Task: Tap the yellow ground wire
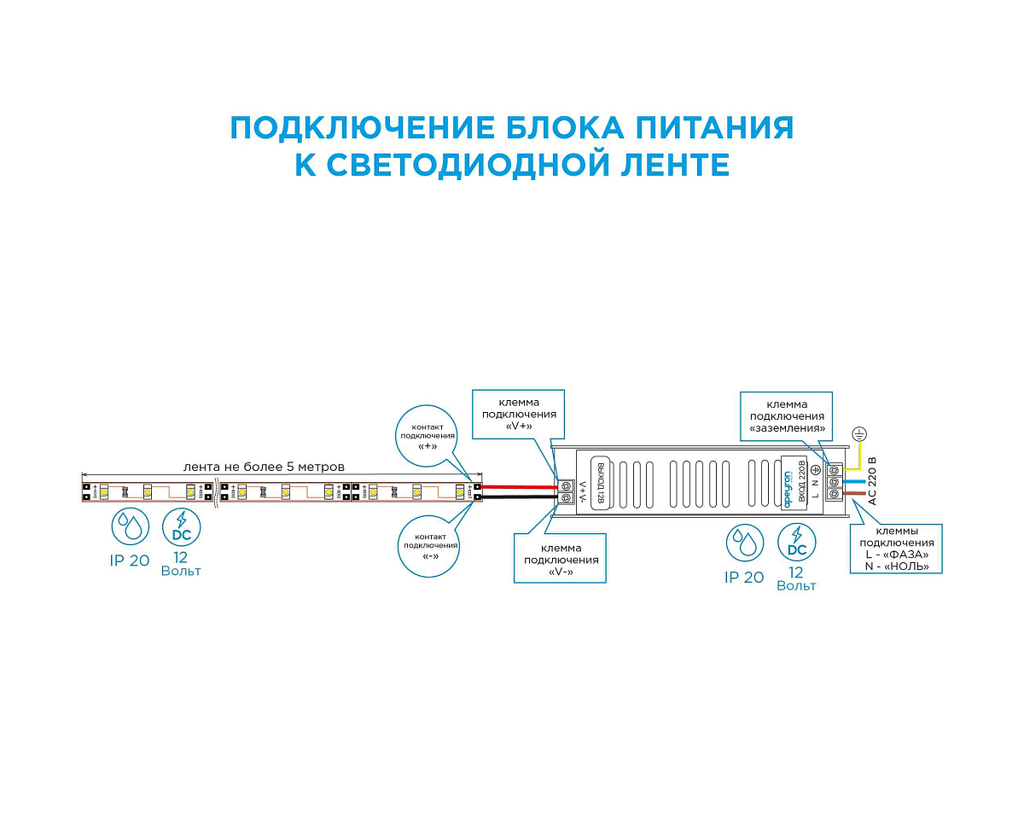(x=860, y=456)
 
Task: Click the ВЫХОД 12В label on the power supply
(x=600, y=483)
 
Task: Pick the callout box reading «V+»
(x=520, y=415)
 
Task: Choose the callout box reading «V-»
(x=560, y=559)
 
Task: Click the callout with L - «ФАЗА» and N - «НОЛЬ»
(x=895, y=548)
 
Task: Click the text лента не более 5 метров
(x=264, y=467)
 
